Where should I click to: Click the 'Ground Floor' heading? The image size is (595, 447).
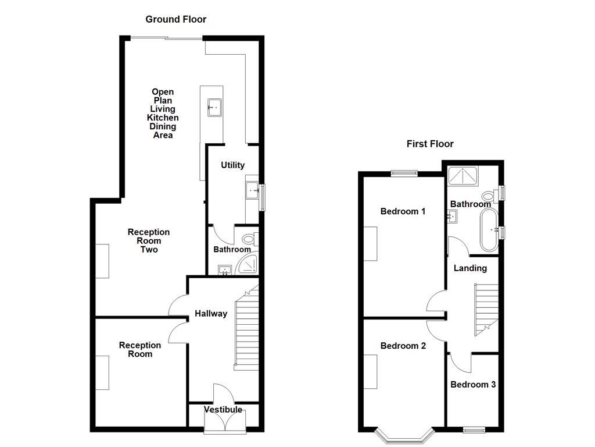[x=175, y=19]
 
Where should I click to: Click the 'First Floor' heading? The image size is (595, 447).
[x=430, y=144]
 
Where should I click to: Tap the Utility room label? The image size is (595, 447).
[x=232, y=165]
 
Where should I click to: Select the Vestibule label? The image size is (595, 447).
[x=223, y=410]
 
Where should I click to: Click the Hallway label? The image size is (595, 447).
[x=211, y=314]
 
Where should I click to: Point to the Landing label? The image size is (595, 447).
[x=470, y=268]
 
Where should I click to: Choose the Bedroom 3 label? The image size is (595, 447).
[x=473, y=385]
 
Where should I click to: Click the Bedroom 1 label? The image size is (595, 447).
[x=403, y=211]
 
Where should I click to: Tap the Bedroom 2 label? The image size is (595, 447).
[x=403, y=346]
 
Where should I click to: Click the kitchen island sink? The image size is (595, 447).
[x=214, y=107]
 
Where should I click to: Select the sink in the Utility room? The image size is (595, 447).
[x=252, y=190]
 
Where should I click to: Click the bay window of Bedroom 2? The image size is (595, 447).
[x=404, y=437]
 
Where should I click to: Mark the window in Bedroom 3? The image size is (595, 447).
[x=474, y=430]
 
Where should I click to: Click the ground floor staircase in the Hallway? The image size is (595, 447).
[x=246, y=332]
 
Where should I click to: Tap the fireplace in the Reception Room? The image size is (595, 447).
[x=102, y=372]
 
